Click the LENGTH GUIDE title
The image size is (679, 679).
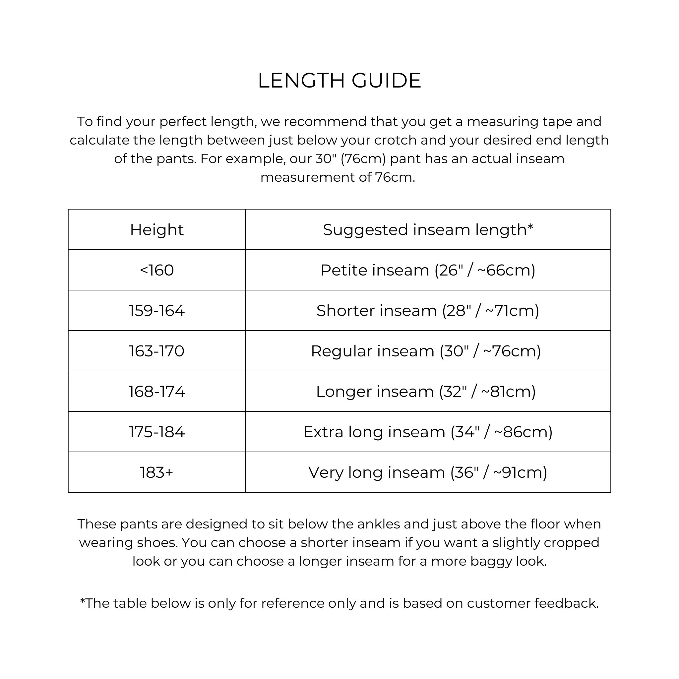pyautogui.click(x=339, y=81)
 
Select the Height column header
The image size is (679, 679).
pyautogui.click(x=157, y=230)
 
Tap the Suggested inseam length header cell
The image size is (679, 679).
pyautogui.click(x=428, y=230)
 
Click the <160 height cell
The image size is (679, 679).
pyautogui.click(x=157, y=270)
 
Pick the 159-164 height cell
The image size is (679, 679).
pyautogui.click(x=157, y=311)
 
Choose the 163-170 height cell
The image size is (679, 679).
pyautogui.click(x=157, y=351)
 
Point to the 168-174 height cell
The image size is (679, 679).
pyautogui.click(x=157, y=392)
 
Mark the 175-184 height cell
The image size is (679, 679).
pyautogui.click(x=157, y=432)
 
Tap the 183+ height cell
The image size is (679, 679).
pyautogui.click(x=157, y=472)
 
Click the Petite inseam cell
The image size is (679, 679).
pyautogui.click(x=428, y=270)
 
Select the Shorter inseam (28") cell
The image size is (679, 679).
pyautogui.click(x=428, y=311)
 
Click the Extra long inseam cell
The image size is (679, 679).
pyautogui.click(x=428, y=432)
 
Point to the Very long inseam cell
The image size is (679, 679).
pyautogui.click(x=428, y=472)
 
